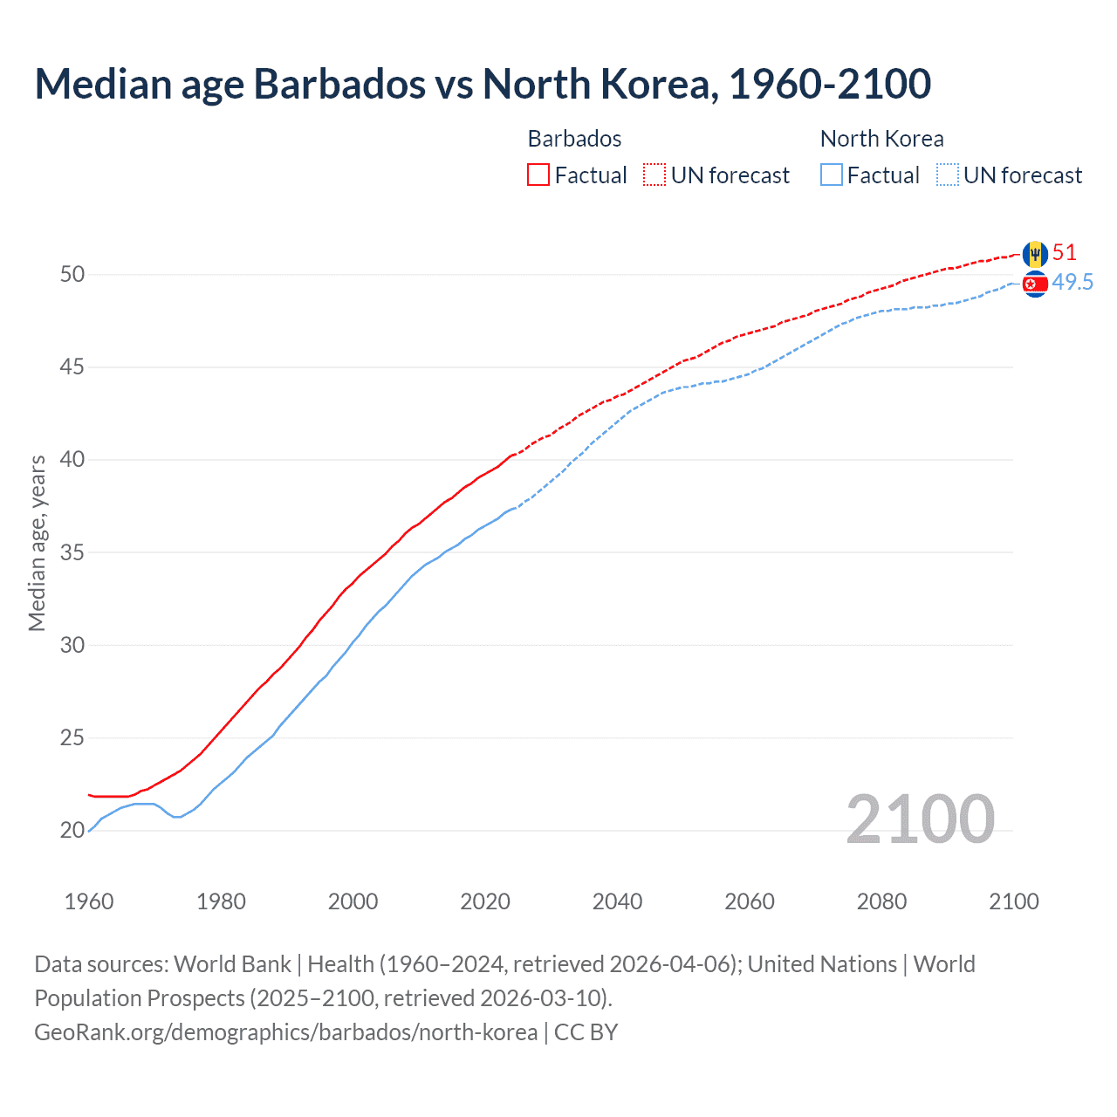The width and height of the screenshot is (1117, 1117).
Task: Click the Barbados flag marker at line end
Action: pos(1035,254)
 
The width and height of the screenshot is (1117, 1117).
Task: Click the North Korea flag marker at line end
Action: pos(1035,284)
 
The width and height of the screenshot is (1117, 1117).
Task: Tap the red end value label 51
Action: pos(1065,253)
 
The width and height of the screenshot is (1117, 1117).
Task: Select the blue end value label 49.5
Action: pos(1072,282)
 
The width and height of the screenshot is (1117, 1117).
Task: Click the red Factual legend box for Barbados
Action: pos(538,175)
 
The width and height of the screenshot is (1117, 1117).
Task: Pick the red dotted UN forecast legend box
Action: pos(654,175)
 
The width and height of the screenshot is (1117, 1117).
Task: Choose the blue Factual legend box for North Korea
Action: pos(832,175)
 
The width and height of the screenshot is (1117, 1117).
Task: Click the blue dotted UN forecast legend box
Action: pos(948,175)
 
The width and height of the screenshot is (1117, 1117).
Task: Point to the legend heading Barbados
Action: pos(574,139)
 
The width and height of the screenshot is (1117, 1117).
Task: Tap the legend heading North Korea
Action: pos(881,139)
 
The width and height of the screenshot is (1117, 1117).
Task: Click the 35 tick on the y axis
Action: pos(72,552)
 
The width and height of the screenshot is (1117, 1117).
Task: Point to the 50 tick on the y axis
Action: pos(72,274)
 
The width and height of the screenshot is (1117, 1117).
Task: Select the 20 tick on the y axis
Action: pos(72,830)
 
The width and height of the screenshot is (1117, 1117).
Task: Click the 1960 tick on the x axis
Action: pos(89,901)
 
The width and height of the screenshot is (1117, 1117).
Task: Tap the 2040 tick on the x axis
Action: pos(617,901)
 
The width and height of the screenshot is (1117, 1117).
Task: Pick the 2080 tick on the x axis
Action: pos(881,901)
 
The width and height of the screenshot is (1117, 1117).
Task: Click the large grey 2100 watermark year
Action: pos(920,819)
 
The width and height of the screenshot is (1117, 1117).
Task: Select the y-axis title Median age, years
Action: pos(37,543)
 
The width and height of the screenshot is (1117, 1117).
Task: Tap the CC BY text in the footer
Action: pos(586,1031)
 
